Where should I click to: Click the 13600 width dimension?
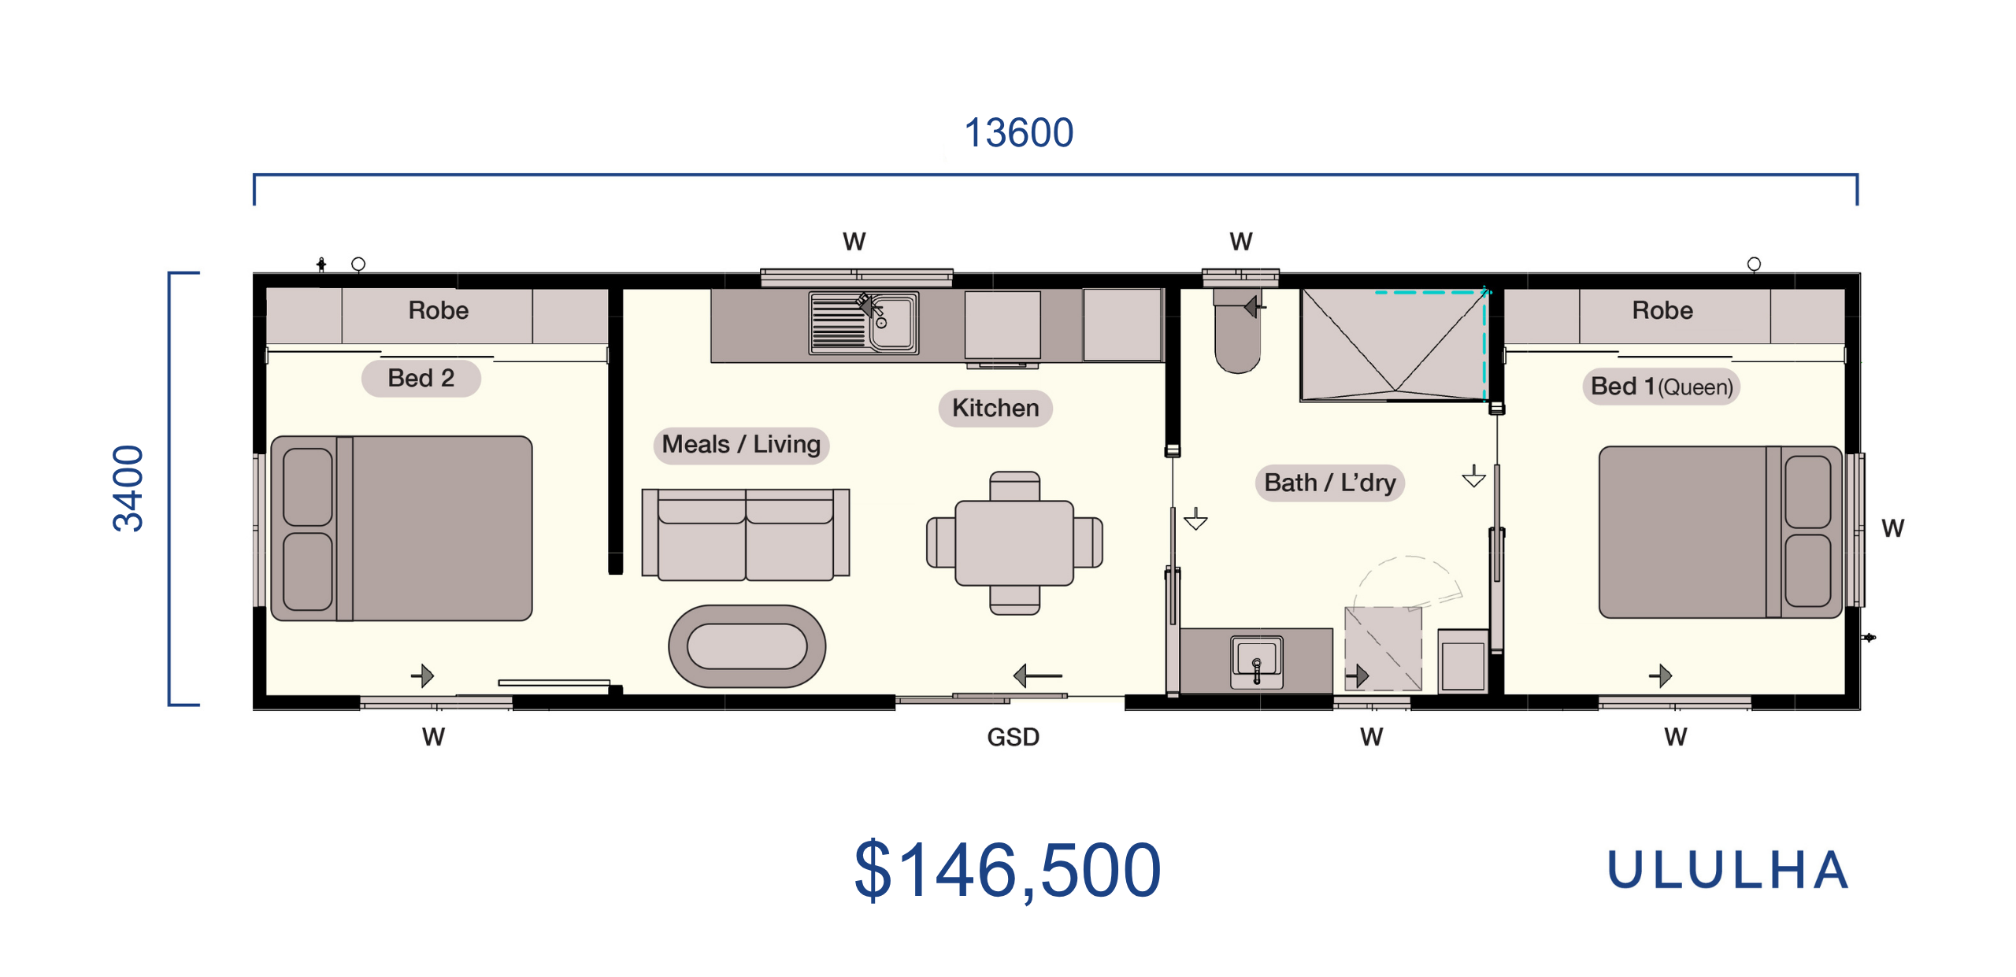click(1018, 132)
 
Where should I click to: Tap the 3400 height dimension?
click(128, 488)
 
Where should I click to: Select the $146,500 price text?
click(1008, 870)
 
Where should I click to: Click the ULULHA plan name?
click(1728, 870)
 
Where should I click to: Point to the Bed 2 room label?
click(421, 378)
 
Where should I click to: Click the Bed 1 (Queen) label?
click(1662, 387)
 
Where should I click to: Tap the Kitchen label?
click(995, 408)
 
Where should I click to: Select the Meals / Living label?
click(741, 444)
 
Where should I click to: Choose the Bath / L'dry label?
click(1330, 482)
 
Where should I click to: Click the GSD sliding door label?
click(1014, 737)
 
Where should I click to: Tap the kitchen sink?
click(864, 323)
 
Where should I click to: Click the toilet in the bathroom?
click(1237, 331)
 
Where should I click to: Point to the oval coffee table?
click(747, 646)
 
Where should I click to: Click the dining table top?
click(1014, 543)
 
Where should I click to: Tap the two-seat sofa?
click(746, 535)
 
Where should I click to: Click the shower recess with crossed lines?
click(1393, 345)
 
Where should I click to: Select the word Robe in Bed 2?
click(439, 310)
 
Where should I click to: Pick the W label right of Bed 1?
click(1892, 528)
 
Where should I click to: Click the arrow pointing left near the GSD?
click(1037, 675)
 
